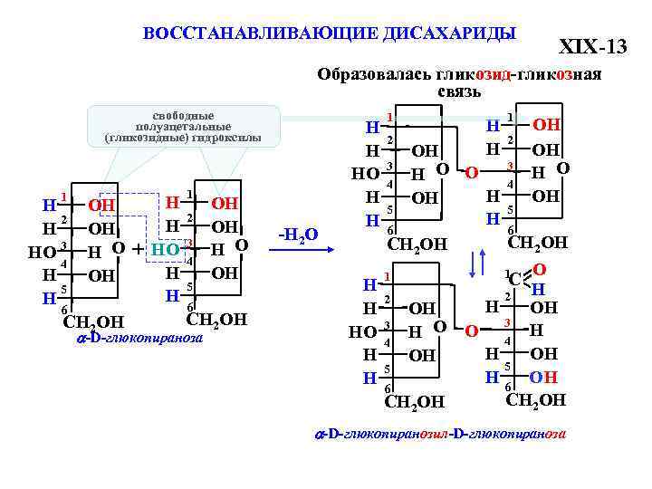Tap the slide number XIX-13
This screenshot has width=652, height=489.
tap(592, 45)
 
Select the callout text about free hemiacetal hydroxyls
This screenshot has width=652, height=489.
tap(183, 128)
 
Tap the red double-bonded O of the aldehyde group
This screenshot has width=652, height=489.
tap(539, 270)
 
